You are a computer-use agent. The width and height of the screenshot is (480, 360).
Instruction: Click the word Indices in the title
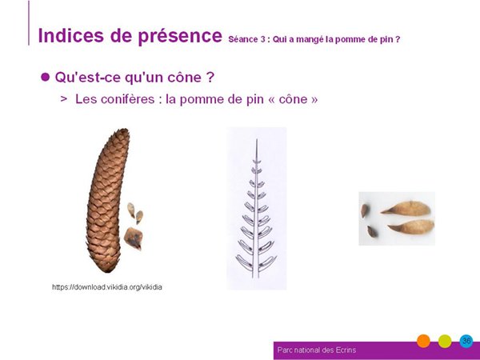(x=70, y=35)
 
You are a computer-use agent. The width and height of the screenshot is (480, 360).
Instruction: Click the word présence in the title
(x=180, y=37)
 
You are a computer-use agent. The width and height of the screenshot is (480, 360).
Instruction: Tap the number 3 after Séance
(x=262, y=39)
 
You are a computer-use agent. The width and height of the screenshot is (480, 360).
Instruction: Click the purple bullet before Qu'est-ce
(x=45, y=77)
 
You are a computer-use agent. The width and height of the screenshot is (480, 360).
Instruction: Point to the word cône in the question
(x=184, y=77)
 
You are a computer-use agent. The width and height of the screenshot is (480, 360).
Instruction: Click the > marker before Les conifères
(x=64, y=99)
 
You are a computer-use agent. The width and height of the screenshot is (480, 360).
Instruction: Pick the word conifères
(x=128, y=99)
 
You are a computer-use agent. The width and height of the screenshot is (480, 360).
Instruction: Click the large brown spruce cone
(x=107, y=201)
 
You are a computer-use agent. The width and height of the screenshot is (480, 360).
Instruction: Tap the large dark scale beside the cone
(x=134, y=238)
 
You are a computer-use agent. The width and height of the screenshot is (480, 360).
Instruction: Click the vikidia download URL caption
(x=107, y=287)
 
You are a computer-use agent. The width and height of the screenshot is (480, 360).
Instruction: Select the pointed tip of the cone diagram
(x=257, y=139)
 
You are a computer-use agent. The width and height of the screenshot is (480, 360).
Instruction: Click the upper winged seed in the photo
(x=406, y=208)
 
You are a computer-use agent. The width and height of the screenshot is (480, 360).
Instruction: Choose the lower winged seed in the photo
(x=411, y=227)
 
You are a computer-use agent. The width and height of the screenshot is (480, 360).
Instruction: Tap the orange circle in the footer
(x=423, y=341)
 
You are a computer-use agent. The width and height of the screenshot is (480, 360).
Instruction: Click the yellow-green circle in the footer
(x=445, y=341)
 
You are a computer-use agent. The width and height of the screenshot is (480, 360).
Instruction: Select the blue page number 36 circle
(x=466, y=341)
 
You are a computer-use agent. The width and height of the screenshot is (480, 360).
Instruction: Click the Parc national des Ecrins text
(x=317, y=350)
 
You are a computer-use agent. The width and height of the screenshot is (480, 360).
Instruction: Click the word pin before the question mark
(x=386, y=40)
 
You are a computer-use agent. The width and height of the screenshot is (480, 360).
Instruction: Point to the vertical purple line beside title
(x=29, y=22)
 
